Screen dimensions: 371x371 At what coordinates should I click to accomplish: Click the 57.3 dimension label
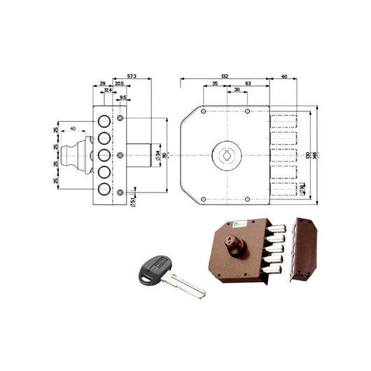(132, 73)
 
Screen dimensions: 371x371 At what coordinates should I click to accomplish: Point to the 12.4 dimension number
(107, 90)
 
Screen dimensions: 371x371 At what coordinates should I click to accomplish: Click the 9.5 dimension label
(123, 97)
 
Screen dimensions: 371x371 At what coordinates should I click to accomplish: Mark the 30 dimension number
(237, 90)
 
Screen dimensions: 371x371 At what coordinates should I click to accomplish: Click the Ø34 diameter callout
(158, 154)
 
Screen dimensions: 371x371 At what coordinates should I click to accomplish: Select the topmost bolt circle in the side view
(101, 116)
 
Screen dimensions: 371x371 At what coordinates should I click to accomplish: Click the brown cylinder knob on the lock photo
(229, 247)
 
